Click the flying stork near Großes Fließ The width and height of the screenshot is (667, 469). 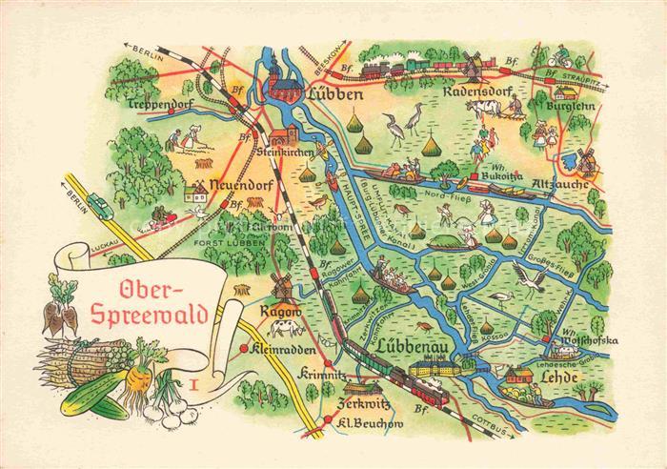[527, 278]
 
